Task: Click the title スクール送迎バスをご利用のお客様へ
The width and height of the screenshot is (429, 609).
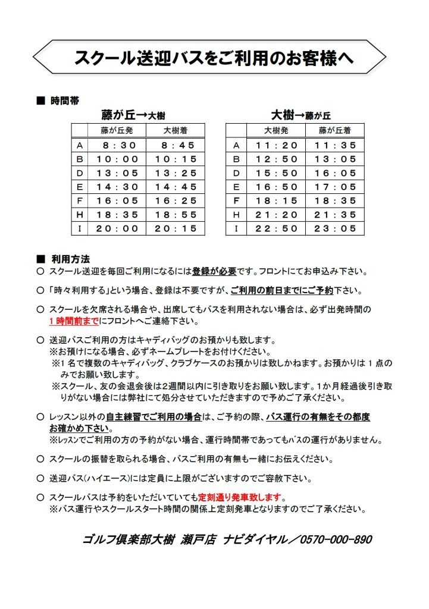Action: click(214, 58)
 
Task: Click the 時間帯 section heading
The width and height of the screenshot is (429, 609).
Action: click(65, 101)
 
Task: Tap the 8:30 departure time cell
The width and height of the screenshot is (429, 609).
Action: click(120, 145)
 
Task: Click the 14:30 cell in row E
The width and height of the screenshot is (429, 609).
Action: click(120, 187)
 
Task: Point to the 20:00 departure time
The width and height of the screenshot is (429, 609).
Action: click(120, 228)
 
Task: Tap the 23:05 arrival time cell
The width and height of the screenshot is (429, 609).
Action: click(336, 228)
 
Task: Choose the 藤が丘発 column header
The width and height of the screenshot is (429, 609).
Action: click(120, 130)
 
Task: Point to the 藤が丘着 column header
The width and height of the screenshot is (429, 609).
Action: click(335, 130)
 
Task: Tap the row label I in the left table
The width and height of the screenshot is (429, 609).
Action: click(80, 228)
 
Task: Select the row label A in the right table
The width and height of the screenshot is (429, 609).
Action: click(236, 145)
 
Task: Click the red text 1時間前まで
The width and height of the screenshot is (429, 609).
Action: click(74, 321)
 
